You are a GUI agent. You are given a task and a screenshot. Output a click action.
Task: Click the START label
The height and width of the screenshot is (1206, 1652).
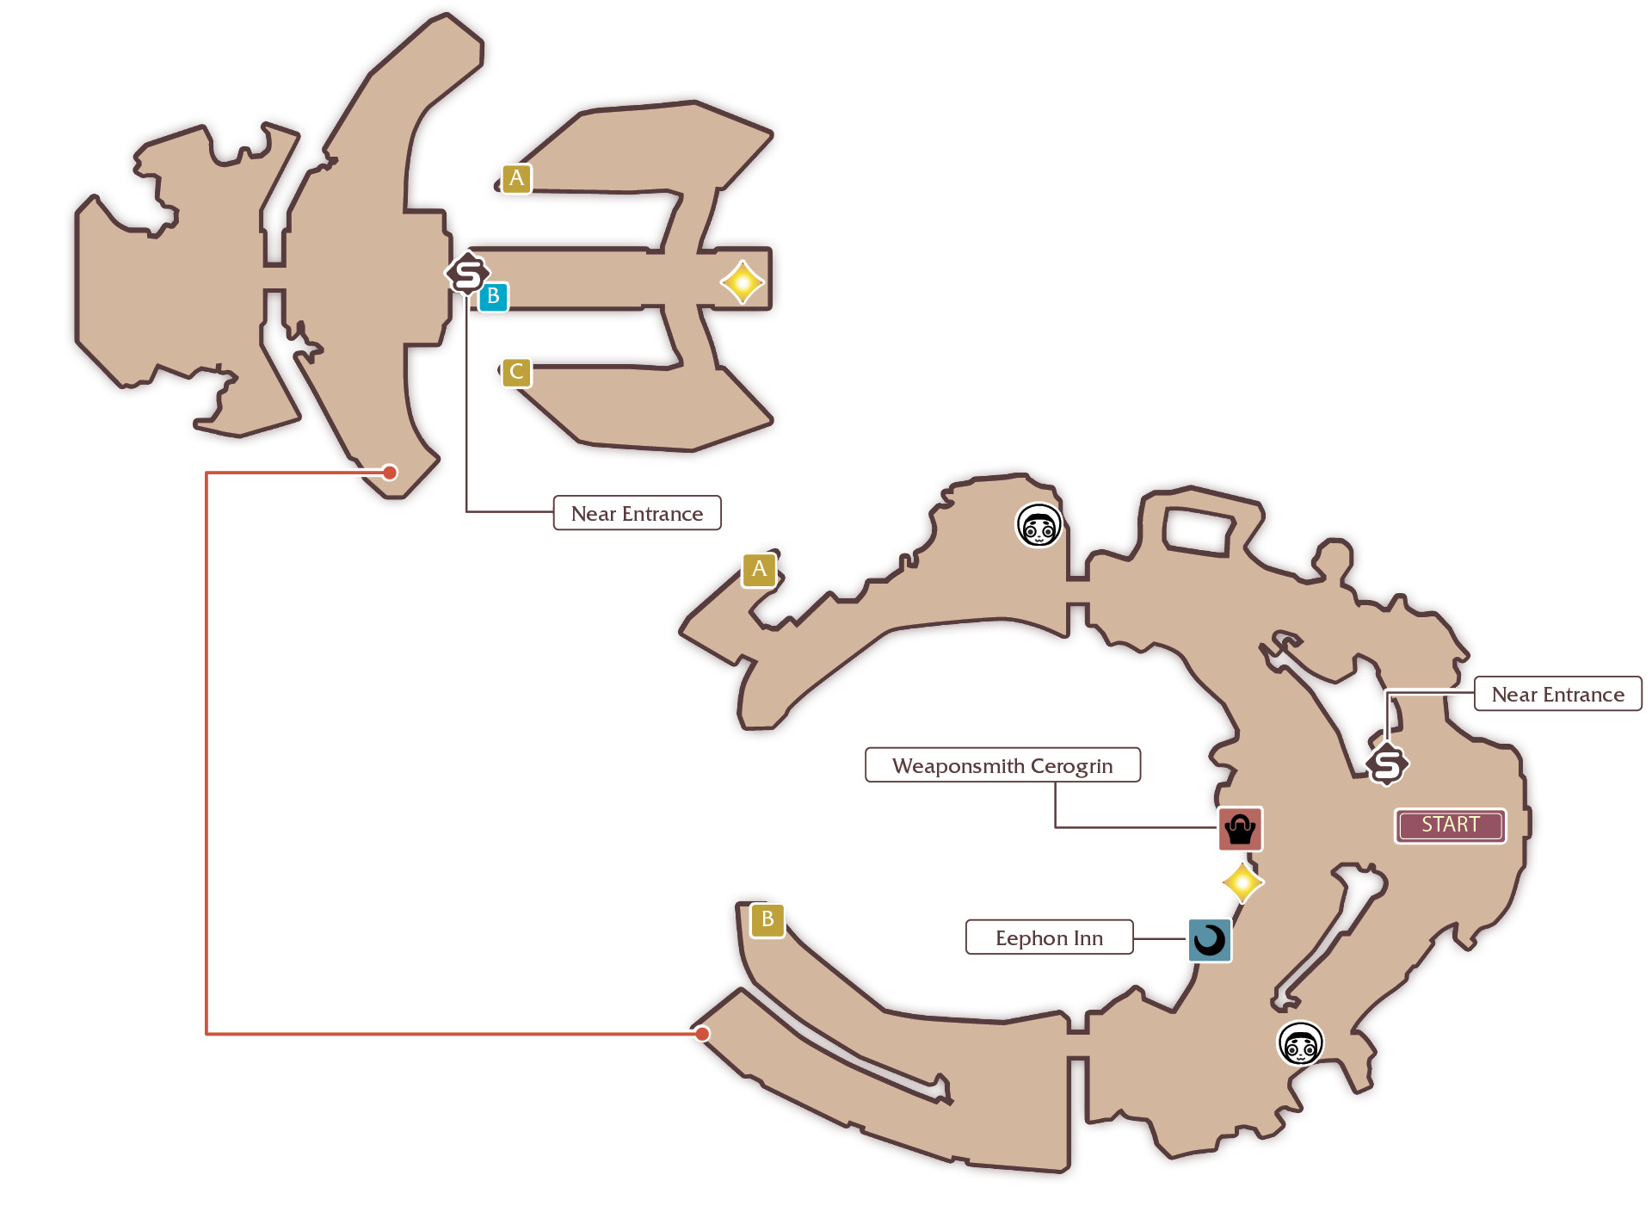1450,825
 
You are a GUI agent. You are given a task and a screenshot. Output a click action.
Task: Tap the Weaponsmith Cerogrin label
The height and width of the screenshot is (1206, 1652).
1002,765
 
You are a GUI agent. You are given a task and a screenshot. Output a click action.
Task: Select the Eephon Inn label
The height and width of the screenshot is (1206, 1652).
1049,937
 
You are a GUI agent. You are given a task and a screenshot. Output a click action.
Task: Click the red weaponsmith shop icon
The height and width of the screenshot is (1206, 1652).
1240,829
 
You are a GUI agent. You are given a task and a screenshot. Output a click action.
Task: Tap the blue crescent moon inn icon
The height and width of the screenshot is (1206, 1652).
1209,940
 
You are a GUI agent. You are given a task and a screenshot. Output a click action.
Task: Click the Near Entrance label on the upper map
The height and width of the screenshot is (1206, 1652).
637,513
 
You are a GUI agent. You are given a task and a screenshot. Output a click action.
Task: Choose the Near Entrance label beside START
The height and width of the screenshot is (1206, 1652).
1557,694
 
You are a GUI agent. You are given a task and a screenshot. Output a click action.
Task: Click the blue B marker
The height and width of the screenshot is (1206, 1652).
493,296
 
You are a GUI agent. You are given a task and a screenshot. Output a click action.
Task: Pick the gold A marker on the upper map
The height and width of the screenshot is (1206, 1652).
516,178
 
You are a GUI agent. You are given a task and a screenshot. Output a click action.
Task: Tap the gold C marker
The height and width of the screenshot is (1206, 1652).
516,372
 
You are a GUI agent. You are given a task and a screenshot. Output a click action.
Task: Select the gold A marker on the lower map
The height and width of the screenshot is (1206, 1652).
759,569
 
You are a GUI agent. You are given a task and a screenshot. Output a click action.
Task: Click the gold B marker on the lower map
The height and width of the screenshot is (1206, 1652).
767,919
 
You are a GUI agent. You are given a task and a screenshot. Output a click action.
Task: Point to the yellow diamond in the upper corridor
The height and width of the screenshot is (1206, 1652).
742,282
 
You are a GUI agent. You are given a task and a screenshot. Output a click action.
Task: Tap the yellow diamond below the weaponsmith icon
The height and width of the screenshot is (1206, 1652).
1242,882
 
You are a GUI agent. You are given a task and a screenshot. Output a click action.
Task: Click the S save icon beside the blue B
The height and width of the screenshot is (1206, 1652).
467,274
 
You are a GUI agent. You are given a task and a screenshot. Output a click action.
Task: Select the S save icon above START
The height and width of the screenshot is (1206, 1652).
1387,764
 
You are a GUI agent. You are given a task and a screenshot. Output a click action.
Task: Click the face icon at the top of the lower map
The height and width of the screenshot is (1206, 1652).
1039,525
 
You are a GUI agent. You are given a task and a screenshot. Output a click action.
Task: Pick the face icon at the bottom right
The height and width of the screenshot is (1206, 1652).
1300,1043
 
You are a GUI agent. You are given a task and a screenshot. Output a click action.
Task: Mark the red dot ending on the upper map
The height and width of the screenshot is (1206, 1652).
390,472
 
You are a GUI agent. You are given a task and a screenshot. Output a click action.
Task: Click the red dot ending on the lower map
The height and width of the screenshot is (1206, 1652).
702,1034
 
